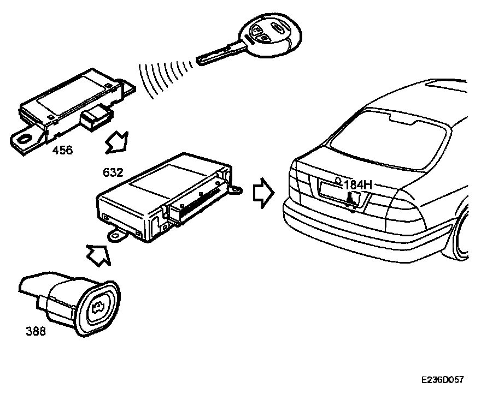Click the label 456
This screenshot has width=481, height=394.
(62, 151)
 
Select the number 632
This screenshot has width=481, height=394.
(113, 173)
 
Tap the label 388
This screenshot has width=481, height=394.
(36, 331)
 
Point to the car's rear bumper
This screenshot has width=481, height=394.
(350, 229)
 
